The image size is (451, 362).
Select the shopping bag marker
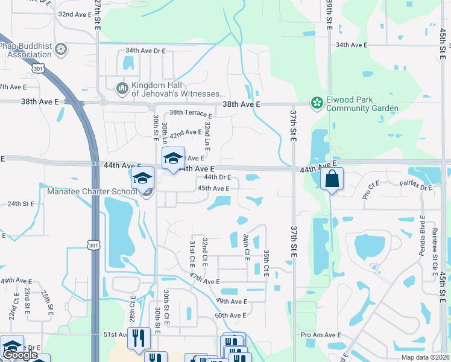332,179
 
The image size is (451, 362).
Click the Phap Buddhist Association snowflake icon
60,49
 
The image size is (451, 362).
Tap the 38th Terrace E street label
191,113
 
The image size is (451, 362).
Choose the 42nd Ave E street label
185,132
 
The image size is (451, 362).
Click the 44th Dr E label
217,177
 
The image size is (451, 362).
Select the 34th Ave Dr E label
145,51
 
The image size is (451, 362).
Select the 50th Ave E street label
230,316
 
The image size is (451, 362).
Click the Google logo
20,355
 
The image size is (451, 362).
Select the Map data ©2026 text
425,357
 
